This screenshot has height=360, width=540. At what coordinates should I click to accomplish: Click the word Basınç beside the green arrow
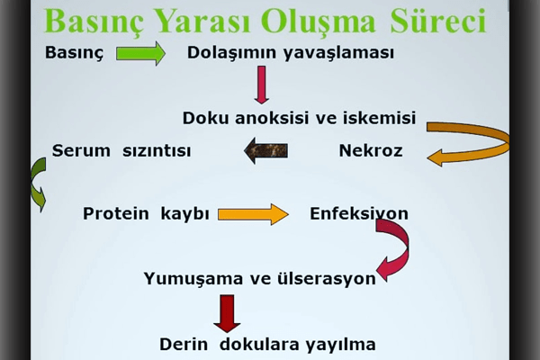(x=74, y=53)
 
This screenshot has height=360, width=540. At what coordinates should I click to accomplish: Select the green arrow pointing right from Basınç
(x=140, y=53)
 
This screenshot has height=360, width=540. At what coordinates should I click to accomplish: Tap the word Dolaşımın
(x=232, y=53)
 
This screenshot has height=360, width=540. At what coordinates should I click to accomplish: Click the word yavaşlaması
(x=339, y=53)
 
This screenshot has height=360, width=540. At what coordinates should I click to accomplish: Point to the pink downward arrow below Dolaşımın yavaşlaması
(x=262, y=85)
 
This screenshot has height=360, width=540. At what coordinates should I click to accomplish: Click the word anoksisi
(x=272, y=118)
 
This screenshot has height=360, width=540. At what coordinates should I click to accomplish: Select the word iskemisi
(x=379, y=118)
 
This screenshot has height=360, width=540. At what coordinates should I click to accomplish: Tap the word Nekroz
(x=371, y=151)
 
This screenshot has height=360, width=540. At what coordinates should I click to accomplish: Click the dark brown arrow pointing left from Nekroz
(x=265, y=151)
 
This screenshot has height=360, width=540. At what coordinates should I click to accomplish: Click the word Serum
(x=81, y=151)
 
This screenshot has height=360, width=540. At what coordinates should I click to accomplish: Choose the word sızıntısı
(x=157, y=151)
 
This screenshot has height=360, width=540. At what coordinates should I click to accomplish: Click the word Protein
(x=116, y=213)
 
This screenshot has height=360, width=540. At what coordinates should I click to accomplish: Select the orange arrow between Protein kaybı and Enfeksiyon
(x=253, y=214)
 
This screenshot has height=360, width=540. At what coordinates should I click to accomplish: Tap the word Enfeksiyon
(x=359, y=213)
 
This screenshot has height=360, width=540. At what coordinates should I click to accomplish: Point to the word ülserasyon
(x=327, y=278)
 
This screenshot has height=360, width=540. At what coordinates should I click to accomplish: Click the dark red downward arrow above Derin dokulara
(x=227, y=313)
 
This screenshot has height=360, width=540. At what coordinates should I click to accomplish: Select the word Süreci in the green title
(x=438, y=22)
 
